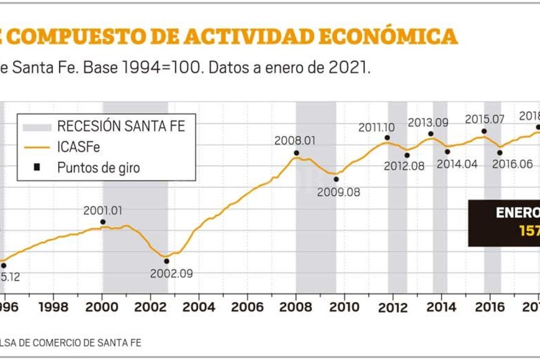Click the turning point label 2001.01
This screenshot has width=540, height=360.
[103, 210]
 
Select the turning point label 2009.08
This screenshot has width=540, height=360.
[338, 192]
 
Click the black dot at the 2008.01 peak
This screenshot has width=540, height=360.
[297, 153]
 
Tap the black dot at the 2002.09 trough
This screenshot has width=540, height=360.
[166, 261]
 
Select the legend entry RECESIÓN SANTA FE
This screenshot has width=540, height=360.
[120, 127]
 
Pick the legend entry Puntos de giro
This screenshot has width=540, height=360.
[98, 167]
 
